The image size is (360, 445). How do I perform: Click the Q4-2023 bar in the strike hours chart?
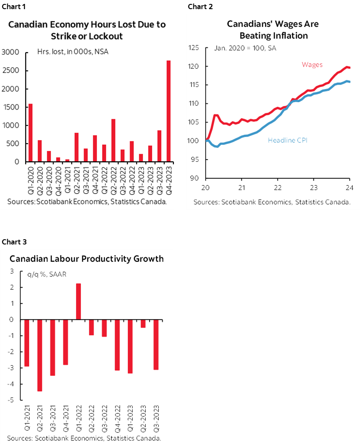tap(168, 111)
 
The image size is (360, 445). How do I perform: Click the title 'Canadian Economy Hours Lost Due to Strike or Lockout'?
tap(87, 30)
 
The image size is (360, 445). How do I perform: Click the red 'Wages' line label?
tap(312, 65)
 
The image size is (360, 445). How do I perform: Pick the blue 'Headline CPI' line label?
tap(287, 141)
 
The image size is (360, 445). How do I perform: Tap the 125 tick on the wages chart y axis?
tap(194, 48)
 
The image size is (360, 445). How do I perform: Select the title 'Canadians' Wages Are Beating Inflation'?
tap(273, 30)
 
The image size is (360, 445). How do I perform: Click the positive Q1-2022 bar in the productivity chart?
tap(79, 301)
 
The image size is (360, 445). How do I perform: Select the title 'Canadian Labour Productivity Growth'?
tap(87, 259)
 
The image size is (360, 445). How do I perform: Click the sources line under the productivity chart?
tap(84, 438)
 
